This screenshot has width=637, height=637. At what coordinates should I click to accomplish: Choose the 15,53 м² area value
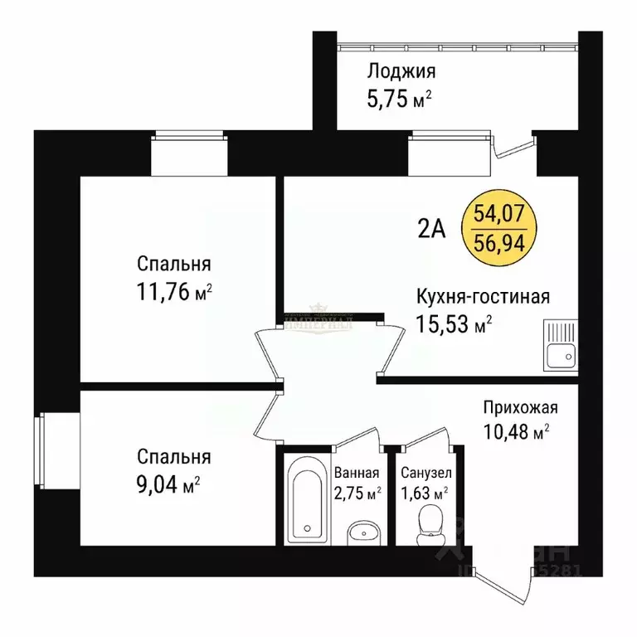[454, 325]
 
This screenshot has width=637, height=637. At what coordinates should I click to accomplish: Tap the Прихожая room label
[521, 406]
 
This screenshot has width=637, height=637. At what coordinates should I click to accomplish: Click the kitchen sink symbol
[561, 347]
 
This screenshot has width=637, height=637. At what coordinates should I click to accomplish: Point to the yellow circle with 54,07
[498, 226]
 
